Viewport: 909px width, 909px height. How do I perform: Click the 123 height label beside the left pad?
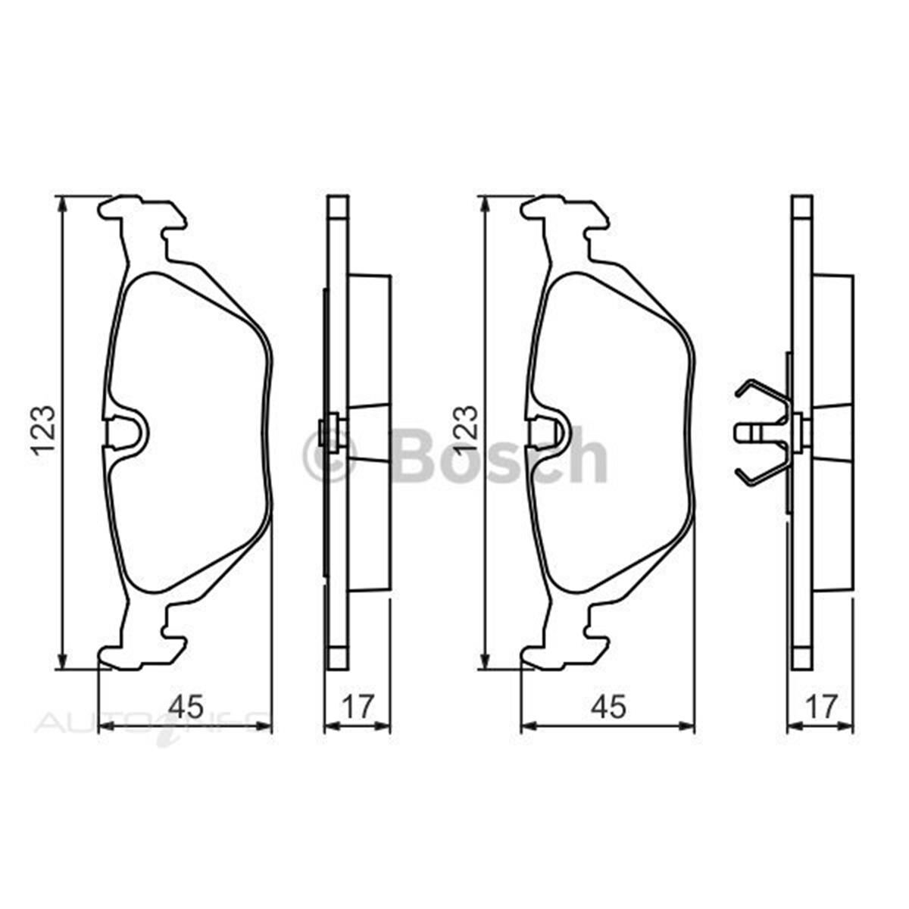43,430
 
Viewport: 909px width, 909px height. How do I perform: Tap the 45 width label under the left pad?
186,706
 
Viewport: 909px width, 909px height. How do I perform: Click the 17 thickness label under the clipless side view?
357,706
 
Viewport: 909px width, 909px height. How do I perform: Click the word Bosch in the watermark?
500,455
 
